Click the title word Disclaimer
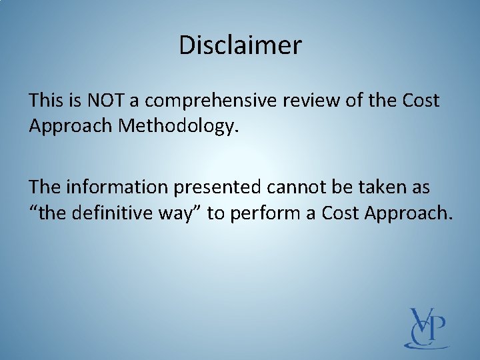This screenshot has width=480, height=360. click(240, 45)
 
